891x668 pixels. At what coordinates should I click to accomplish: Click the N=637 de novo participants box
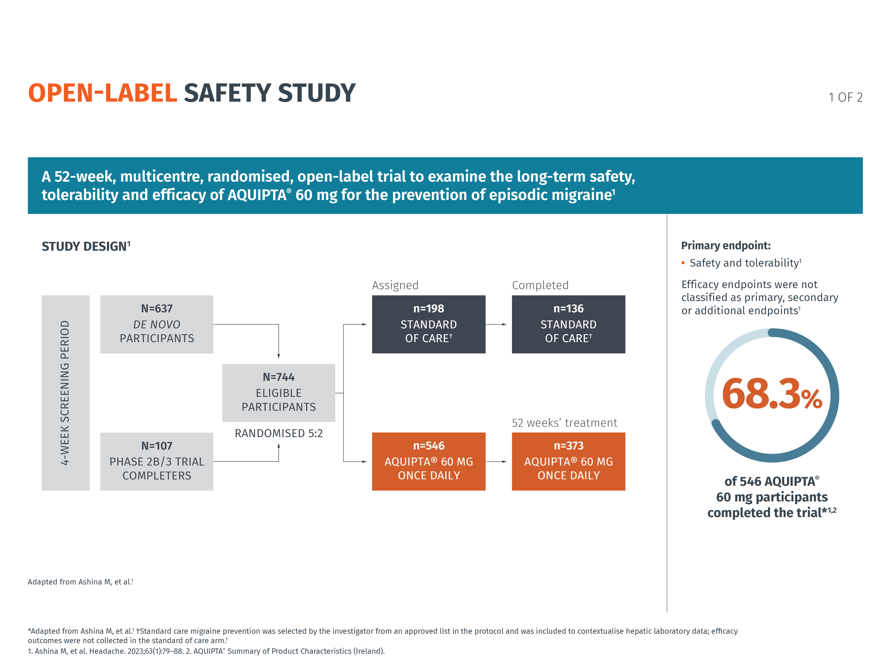(x=157, y=324)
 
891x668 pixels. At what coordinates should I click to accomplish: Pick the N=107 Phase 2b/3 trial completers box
(x=157, y=461)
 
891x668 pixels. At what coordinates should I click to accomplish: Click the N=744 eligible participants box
(x=278, y=393)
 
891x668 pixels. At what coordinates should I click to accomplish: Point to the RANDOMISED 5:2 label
(x=278, y=433)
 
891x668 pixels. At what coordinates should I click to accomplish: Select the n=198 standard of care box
(x=428, y=324)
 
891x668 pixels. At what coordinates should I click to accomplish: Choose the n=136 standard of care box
(x=568, y=324)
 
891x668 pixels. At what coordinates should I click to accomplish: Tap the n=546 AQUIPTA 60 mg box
(x=428, y=461)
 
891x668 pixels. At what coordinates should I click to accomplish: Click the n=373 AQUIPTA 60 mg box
(x=568, y=461)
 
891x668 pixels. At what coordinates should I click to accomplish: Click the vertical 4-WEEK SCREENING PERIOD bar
(x=66, y=393)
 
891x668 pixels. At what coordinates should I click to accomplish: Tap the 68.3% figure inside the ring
(x=771, y=394)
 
